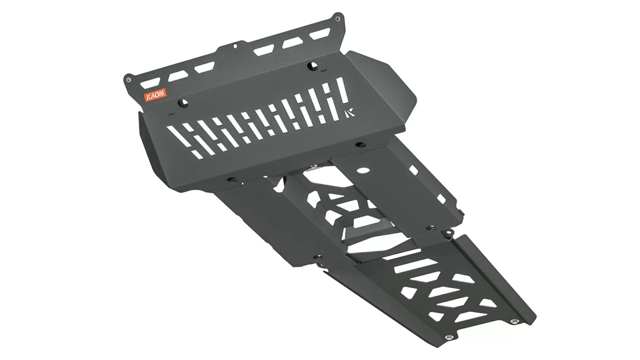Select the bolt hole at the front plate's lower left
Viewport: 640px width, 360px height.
click(231, 179)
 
